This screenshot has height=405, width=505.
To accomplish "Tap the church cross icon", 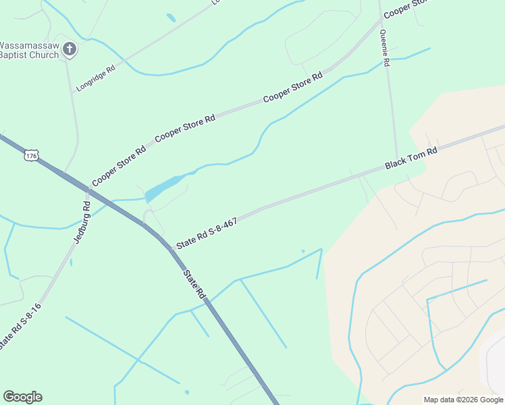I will click(69, 49).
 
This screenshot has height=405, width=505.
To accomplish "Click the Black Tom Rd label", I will click(411, 158).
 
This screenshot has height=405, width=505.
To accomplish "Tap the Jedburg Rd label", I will click(82, 222).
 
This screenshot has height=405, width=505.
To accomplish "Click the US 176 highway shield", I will click(31, 156).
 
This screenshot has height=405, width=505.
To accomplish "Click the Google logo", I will click(22, 397).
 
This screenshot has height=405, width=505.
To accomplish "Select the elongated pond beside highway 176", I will click(163, 187).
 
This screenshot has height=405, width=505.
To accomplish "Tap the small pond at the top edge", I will click(171, 18).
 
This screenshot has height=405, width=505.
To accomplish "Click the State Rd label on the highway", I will click(193, 284).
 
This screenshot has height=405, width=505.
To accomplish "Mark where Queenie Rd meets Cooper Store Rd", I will click(380, 22).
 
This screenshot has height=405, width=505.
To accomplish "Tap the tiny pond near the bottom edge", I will click(186, 391).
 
